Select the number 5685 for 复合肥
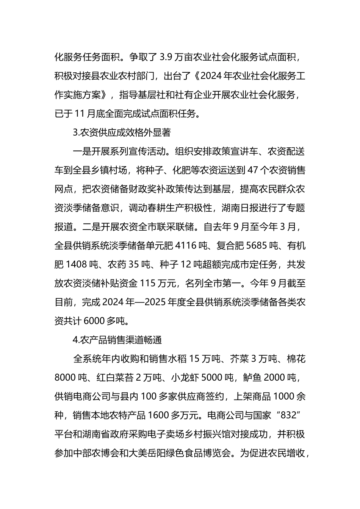click(257, 246)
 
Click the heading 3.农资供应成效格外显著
click(121, 133)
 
